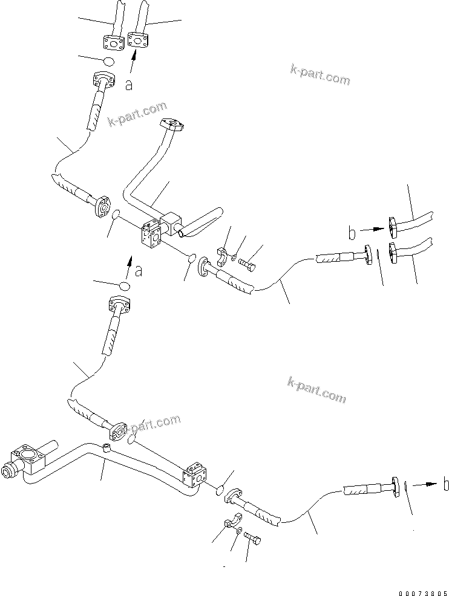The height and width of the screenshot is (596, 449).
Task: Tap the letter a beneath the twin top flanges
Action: click(x=128, y=85)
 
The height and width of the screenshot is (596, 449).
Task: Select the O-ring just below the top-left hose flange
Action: click(x=108, y=62)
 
